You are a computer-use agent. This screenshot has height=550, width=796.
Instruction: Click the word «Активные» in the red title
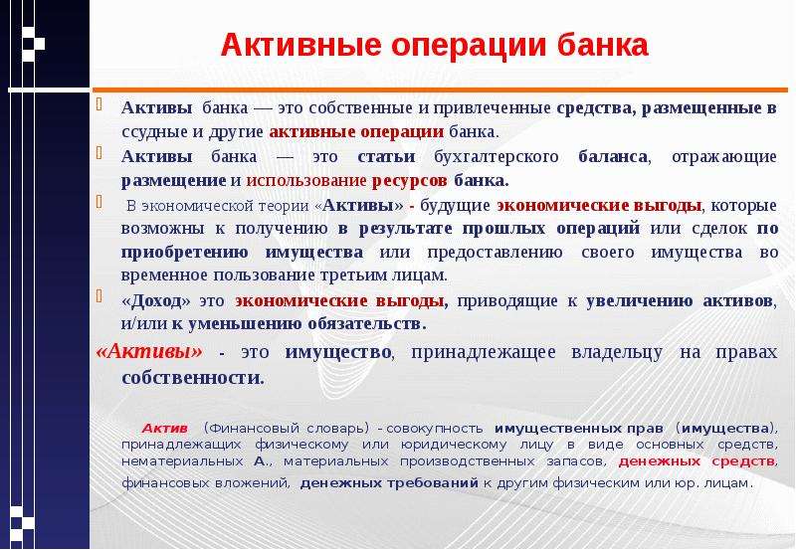point(300,45)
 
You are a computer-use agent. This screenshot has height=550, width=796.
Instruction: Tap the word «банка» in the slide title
point(603,45)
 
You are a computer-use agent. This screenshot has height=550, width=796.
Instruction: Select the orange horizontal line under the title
point(440,90)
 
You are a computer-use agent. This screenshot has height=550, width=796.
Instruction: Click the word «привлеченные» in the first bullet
point(492,108)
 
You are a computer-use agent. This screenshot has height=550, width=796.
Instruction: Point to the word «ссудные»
point(155,132)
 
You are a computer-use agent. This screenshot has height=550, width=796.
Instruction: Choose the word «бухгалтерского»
point(496,157)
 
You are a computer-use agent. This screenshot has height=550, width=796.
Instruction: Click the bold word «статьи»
point(386,156)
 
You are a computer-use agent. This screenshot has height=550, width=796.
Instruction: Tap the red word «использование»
point(306,181)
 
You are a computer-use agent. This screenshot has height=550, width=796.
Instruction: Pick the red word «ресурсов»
point(410,181)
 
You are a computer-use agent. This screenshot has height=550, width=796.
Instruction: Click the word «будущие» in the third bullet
point(455,206)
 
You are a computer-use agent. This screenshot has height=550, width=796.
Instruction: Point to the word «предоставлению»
point(495,253)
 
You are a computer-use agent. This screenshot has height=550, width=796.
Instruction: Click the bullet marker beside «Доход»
point(99,295)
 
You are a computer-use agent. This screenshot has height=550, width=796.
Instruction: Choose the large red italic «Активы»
point(148,351)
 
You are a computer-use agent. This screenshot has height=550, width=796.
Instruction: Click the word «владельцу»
point(617,353)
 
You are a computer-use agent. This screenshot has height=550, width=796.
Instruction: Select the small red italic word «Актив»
point(164,429)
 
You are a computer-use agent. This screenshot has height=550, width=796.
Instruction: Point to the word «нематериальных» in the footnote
point(182,461)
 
